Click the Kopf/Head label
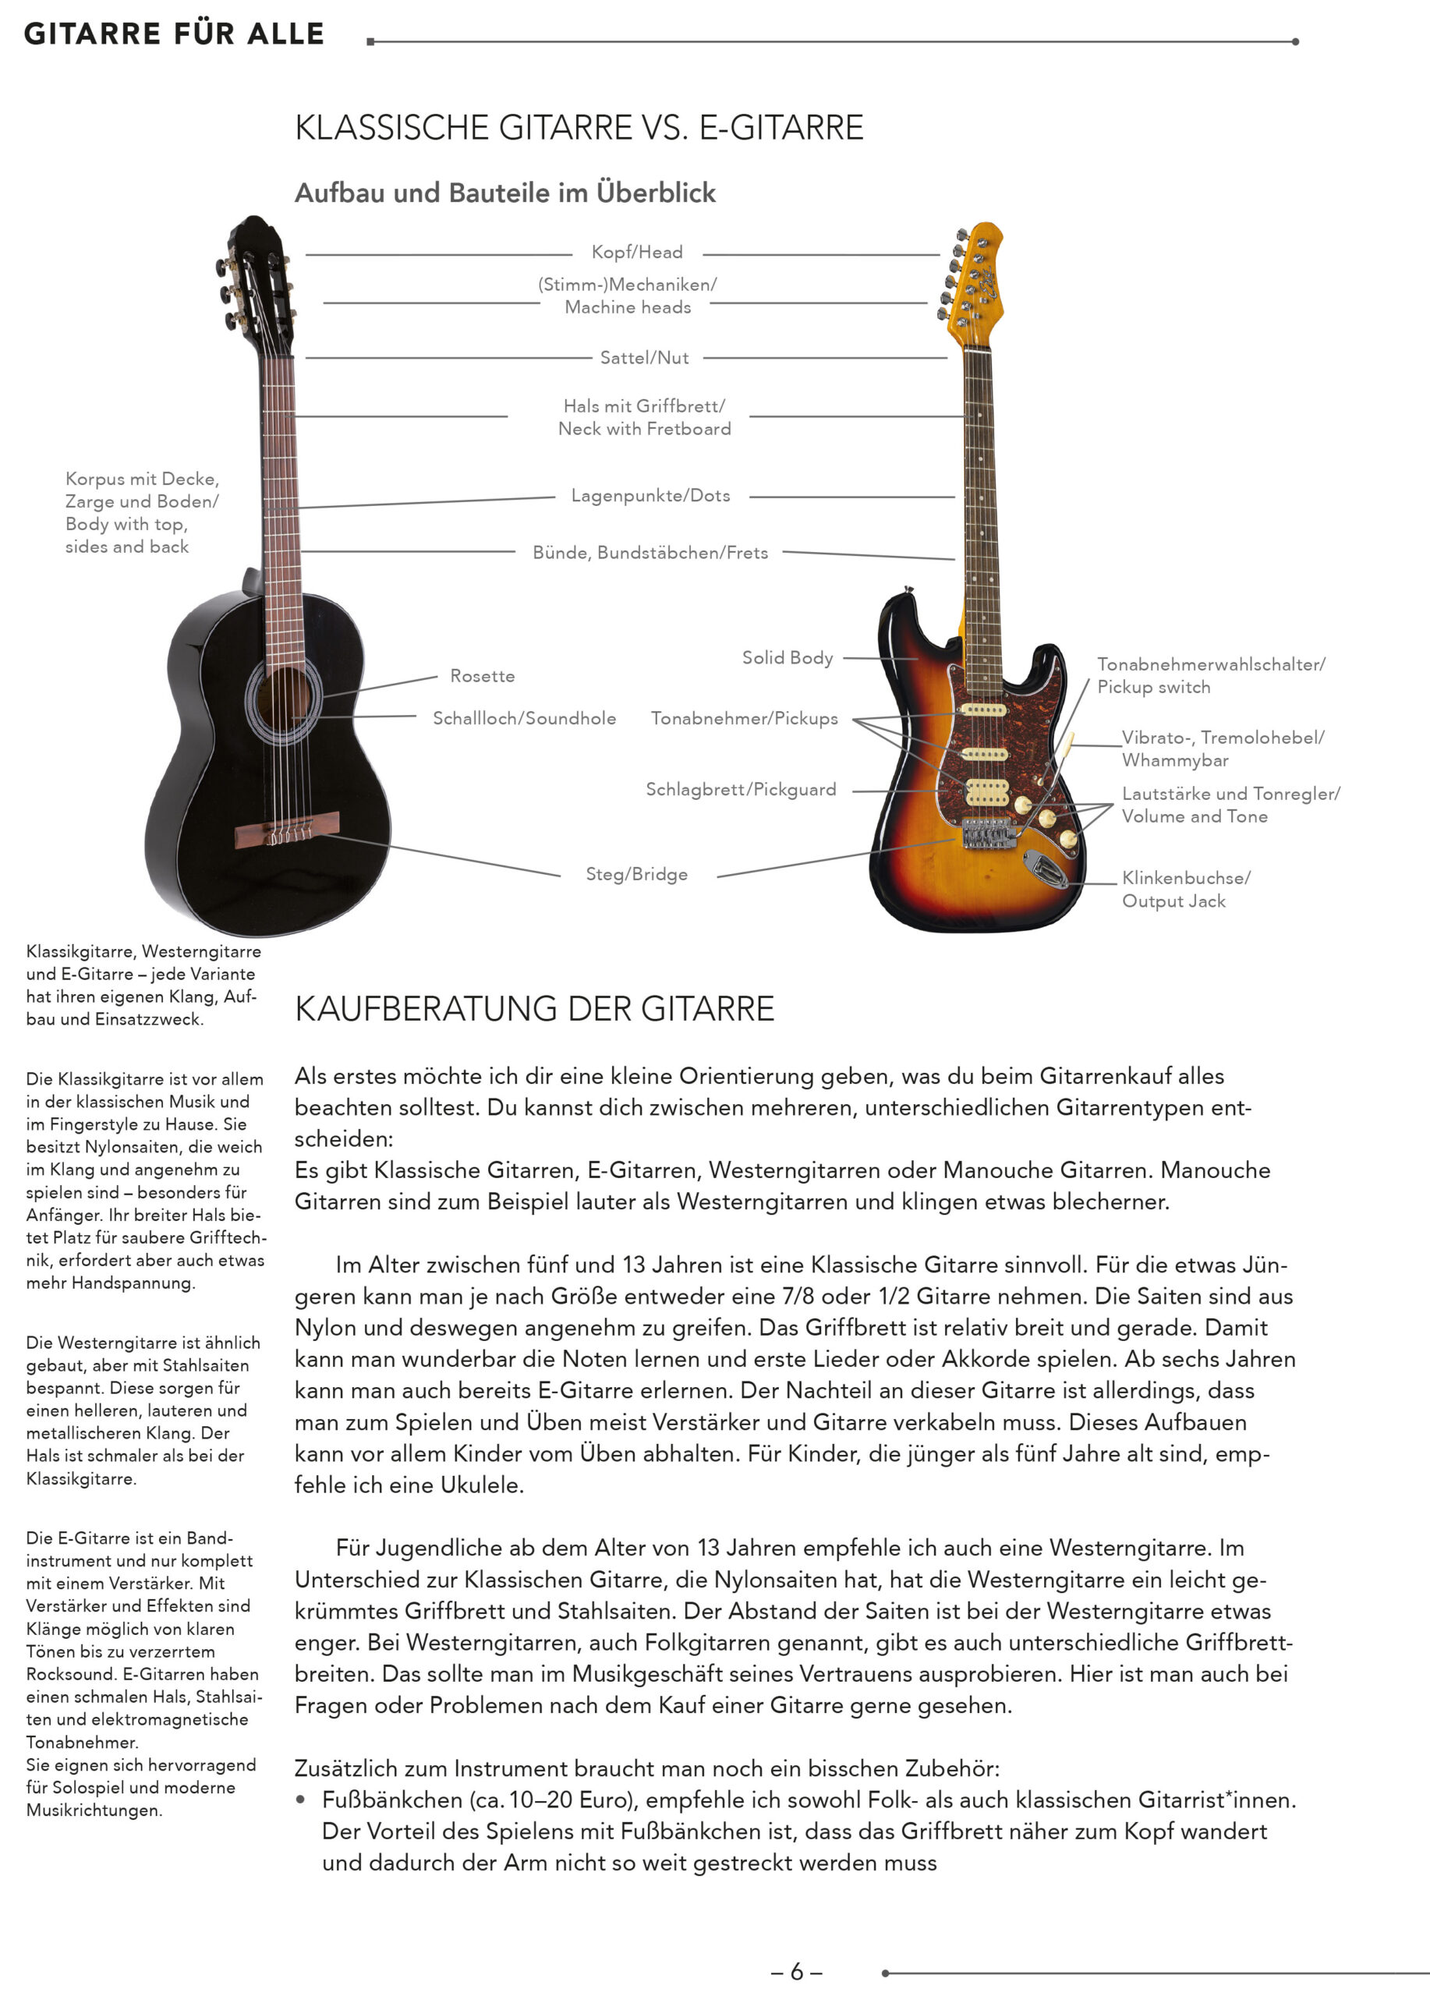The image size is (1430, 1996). (636, 253)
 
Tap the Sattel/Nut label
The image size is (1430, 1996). (644, 358)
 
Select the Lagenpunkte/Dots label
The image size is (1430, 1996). (650, 495)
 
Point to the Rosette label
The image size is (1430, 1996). (482, 676)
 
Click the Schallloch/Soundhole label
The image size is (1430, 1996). (524, 718)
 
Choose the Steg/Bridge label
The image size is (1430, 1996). (636, 874)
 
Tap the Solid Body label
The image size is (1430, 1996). (787, 657)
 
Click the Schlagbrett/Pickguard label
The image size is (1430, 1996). (740, 789)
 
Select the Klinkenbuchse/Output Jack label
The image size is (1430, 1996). (1184, 889)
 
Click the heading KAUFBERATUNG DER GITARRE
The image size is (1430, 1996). (534, 1009)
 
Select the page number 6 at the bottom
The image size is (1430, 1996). (795, 1971)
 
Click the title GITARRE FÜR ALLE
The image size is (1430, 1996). (174, 34)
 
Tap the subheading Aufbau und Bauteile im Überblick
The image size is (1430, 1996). (505, 193)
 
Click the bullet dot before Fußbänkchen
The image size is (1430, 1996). (301, 1800)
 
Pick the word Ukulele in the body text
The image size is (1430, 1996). (481, 1485)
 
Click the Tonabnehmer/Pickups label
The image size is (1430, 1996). (744, 718)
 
